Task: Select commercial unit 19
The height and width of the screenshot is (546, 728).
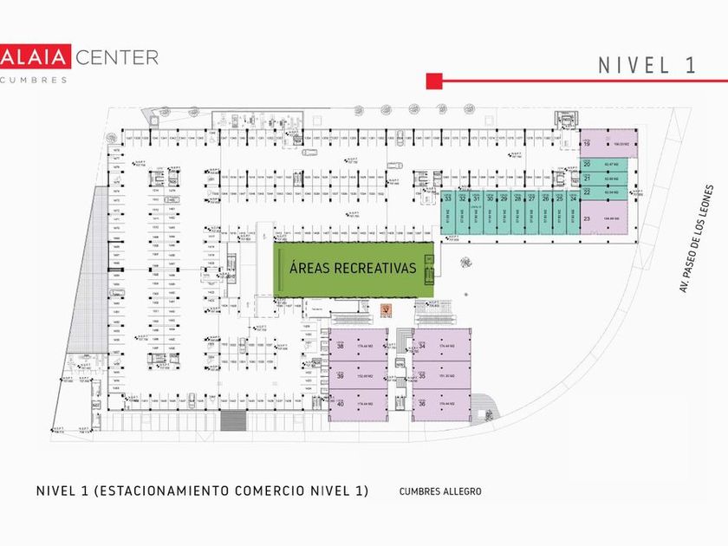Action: point(608,145)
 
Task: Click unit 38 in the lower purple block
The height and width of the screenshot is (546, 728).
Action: point(356,348)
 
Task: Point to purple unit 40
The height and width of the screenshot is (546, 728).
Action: point(356,404)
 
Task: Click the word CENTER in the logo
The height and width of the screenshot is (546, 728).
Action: point(117,57)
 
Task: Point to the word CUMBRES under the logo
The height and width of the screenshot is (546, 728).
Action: point(34,80)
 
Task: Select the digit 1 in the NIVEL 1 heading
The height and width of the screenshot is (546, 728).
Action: point(691,66)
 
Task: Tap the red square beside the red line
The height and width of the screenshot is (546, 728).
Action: point(434,81)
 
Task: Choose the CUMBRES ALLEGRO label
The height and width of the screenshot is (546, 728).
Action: point(440,491)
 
